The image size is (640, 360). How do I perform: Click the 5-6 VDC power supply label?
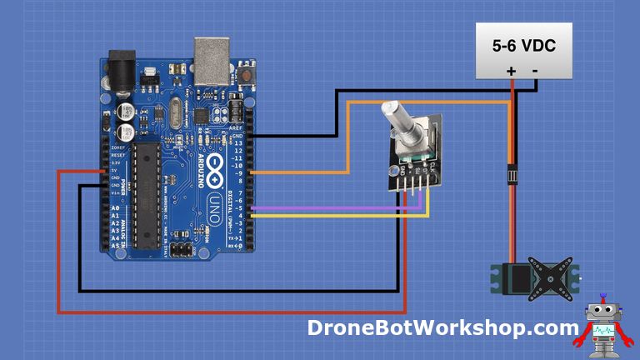pyautogui.click(x=523, y=46)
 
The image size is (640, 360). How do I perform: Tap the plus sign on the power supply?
pyautogui.click(x=512, y=71)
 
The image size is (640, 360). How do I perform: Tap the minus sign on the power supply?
pyautogui.click(x=534, y=71)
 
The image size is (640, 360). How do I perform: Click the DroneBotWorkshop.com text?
pyautogui.click(x=442, y=328)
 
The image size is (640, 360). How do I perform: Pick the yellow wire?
pyautogui.click(x=333, y=216)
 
